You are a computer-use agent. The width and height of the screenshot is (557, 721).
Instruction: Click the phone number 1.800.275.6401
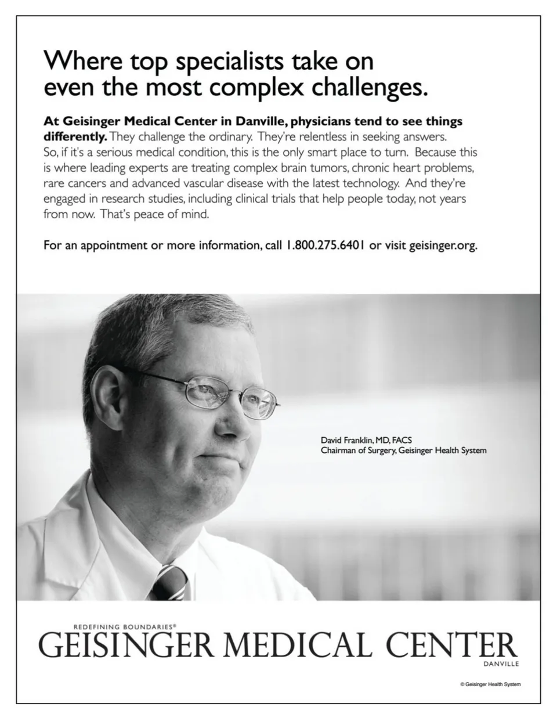(x=324, y=245)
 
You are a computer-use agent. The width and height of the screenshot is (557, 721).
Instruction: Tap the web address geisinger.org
(x=443, y=246)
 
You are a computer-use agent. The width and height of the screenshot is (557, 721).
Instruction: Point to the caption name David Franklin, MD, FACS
(x=366, y=440)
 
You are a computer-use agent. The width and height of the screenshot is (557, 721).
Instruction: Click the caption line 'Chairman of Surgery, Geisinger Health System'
(x=403, y=450)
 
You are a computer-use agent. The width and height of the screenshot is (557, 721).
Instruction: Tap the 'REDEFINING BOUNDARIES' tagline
(x=125, y=627)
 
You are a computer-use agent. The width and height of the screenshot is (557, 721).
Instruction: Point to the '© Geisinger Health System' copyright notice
(x=490, y=684)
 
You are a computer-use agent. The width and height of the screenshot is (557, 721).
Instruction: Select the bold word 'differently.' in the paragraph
(x=75, y=138)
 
